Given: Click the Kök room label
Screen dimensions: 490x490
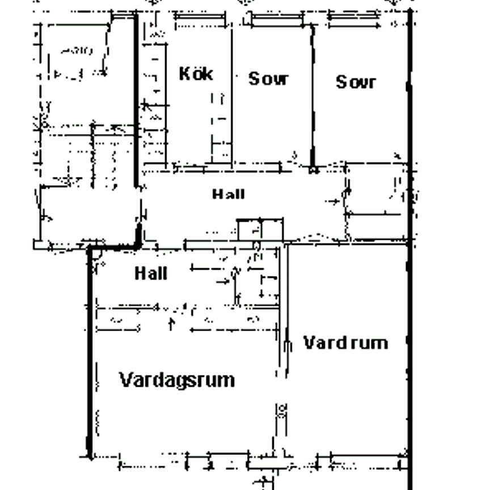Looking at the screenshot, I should (196, 74).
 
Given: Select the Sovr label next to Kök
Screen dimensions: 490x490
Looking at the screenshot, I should (268, 79).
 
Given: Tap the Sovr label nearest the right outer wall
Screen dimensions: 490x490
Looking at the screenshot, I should (356, 82).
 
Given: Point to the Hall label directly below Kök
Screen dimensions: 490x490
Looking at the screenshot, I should (229, 194).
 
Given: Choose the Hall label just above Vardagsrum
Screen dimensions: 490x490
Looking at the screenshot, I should (151, 274).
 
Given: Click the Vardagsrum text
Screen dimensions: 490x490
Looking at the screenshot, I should (177, 379).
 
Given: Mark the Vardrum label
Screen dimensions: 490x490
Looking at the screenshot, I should (345, 343).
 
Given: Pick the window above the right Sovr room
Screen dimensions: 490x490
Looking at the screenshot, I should (353, 21).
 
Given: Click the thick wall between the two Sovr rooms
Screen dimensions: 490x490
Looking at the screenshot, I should (312, 96).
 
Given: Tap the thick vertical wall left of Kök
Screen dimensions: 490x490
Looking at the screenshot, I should (136, 102).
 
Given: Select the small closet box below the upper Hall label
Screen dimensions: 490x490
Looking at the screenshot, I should (260, 230).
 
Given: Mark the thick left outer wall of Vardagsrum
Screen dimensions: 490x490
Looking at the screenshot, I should (90, 352).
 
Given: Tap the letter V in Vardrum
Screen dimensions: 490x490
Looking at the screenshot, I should (309, 343).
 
